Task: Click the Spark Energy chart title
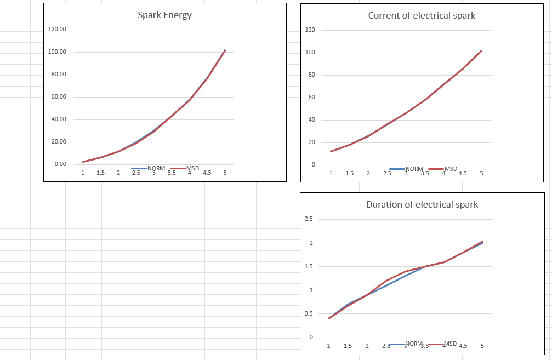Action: point(164,15)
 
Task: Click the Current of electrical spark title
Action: point(422,15)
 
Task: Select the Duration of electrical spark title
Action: point(422,204)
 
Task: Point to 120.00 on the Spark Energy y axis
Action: point(57,29)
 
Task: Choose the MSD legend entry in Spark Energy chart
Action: point(192,168)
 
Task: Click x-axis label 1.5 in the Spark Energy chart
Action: point(100,173)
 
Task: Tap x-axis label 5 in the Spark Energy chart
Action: point(225,173)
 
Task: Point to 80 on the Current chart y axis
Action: point(311,75)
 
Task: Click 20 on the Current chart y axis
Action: point(311,142)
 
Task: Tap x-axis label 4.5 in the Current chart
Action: point(463,173)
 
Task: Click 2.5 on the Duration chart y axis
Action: point(309,219)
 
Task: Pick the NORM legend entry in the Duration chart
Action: point(414,344)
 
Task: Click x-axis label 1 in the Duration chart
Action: point(328,346)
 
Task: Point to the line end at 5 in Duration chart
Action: point(482,242)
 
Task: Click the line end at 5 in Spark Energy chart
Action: point(225,50)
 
